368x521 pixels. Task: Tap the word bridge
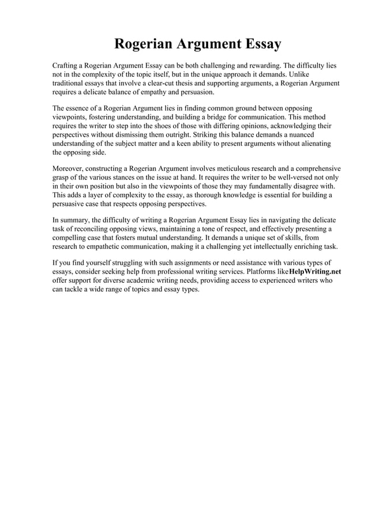[221, 117]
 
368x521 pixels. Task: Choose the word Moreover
[69, 167]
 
